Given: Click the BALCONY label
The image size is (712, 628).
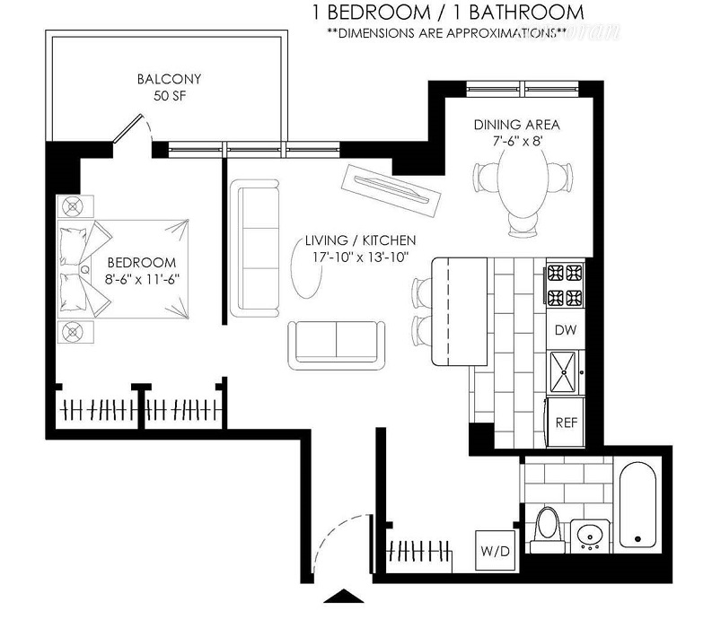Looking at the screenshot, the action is click(x=169, y=79).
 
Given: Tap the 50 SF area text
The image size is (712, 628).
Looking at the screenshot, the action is click(x=170, y=96).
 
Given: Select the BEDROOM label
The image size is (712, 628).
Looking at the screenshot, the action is click(x=142, y=262).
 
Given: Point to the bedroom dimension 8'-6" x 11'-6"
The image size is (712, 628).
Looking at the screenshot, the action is click(x=142, y=279).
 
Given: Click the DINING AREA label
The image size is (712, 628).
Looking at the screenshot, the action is click(x=517, y=125).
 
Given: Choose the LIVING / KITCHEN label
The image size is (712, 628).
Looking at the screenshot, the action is click(x=360, y=240).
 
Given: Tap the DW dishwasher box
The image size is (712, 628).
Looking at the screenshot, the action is click(x=566, y=330).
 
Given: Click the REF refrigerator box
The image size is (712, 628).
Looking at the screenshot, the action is click(x=566, y=423).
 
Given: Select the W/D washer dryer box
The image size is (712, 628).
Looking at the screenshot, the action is click(x=495, y=551).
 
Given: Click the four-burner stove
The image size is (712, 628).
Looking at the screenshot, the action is click(x=566, y=285).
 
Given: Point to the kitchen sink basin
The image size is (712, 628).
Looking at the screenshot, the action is click(x=563, y=372).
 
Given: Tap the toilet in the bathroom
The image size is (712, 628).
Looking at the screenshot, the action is click(x=547, y=529).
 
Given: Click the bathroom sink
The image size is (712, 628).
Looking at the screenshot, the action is click(x=590, y=536).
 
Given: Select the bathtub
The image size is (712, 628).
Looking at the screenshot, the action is click(x=637, y=504).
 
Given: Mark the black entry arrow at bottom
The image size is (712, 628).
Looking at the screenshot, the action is click(x=344, y=597).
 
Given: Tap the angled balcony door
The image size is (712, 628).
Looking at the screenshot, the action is click(x=128, y=128).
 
